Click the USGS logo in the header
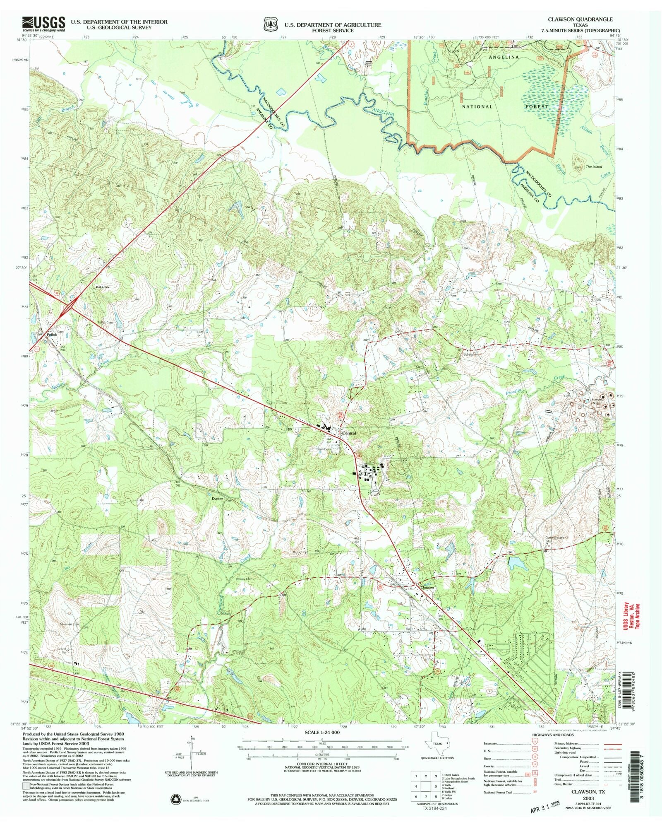(43, 24)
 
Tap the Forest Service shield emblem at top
(270, 24)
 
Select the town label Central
(349, 433)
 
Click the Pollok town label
(51, 335)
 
